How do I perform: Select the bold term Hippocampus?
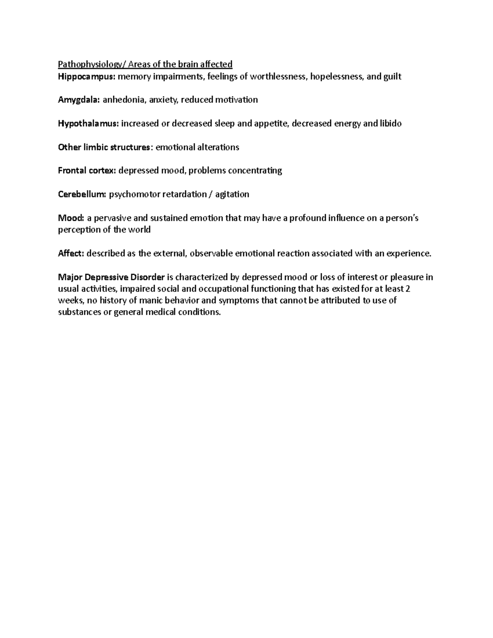(x=87, y=76)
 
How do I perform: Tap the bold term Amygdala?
(x=79, y=100)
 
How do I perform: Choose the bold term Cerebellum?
(x=82, y=194)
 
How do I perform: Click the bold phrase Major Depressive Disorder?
(x=111, y=277)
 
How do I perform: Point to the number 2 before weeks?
(x=408, y=289)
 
